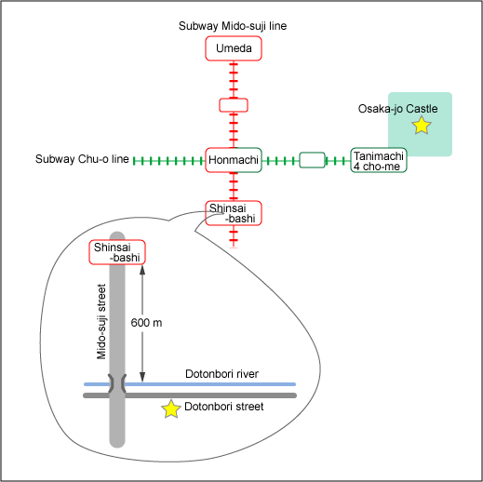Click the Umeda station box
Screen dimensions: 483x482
tap(234, 48)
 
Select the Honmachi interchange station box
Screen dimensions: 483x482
tap(234, 160)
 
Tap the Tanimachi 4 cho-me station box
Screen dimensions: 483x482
tap(379, 160)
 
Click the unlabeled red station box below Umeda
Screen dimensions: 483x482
tap(234, 105)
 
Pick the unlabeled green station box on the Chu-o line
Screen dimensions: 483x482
tap(312, 160)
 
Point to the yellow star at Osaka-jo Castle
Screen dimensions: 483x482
tap(422, 126)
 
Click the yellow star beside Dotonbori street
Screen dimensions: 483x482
tap(171, 408)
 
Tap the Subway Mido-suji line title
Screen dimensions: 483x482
tap(233, 26)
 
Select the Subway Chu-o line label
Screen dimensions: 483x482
tap(82, 159)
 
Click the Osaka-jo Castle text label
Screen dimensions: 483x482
tap(397, 109)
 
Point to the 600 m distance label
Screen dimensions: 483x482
tap(146, 323)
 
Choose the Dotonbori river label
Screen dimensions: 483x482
tap(221, 374)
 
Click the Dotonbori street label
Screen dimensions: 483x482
tap(224, 407)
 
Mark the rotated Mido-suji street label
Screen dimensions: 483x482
tap(101, 322)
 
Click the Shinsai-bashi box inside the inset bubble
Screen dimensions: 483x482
tap(117, 252)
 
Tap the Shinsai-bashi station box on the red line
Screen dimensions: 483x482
tap(234, 213)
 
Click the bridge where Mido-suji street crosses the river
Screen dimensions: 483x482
tap(117, 383)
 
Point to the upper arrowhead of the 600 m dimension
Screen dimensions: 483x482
tap(142, 270)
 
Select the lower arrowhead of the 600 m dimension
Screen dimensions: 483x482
tap(142, 377)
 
